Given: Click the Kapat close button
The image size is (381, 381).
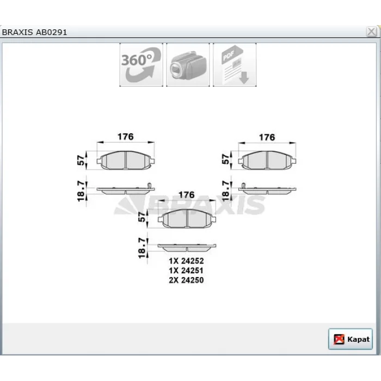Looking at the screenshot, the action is pos(350,339).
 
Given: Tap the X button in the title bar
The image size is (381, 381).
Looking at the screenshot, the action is pos(371,32).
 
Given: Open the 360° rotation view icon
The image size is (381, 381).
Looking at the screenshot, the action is pos(141,65).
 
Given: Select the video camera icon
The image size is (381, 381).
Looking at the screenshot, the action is pos(188,65).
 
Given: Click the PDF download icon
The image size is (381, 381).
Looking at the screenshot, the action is pos(235,65).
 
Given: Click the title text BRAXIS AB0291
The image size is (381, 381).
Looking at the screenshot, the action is pos(34,32).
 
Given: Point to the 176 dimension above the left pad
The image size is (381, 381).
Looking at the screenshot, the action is pos(126,137).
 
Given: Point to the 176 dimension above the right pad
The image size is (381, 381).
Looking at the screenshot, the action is pos(267,137).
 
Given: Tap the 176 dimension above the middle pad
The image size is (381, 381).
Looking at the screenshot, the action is pos(187,195).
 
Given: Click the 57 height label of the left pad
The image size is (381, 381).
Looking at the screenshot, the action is pos(81,160).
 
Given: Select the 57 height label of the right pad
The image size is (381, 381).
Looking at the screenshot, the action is pos(226,159).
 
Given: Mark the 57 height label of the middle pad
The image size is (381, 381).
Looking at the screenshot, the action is pos(142,217).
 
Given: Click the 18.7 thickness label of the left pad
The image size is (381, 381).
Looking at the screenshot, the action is pos(81,191).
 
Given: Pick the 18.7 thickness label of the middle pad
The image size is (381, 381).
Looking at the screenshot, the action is pos(142,248).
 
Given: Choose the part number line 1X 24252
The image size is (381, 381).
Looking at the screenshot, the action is pos(186,261).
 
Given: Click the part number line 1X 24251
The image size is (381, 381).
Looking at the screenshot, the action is pos(186,271).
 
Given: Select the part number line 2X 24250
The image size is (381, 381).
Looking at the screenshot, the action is pos(186,280).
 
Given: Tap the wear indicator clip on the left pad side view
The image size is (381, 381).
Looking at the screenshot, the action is pos(150,186).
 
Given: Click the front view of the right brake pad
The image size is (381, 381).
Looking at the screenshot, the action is pos(267,160).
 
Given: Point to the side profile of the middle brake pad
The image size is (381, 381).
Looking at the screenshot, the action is pos(187,248).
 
